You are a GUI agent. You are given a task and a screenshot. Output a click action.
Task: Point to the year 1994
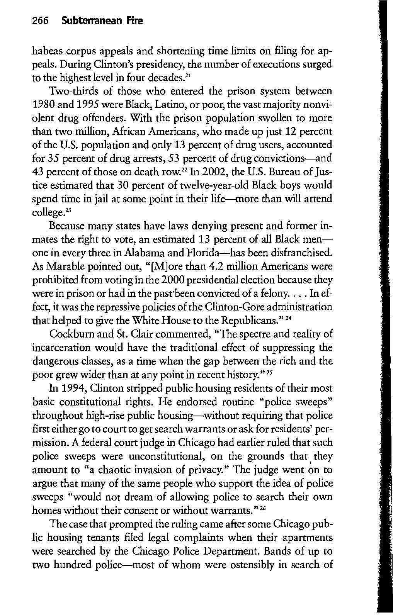pyautogui.click(x=62, y=388)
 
